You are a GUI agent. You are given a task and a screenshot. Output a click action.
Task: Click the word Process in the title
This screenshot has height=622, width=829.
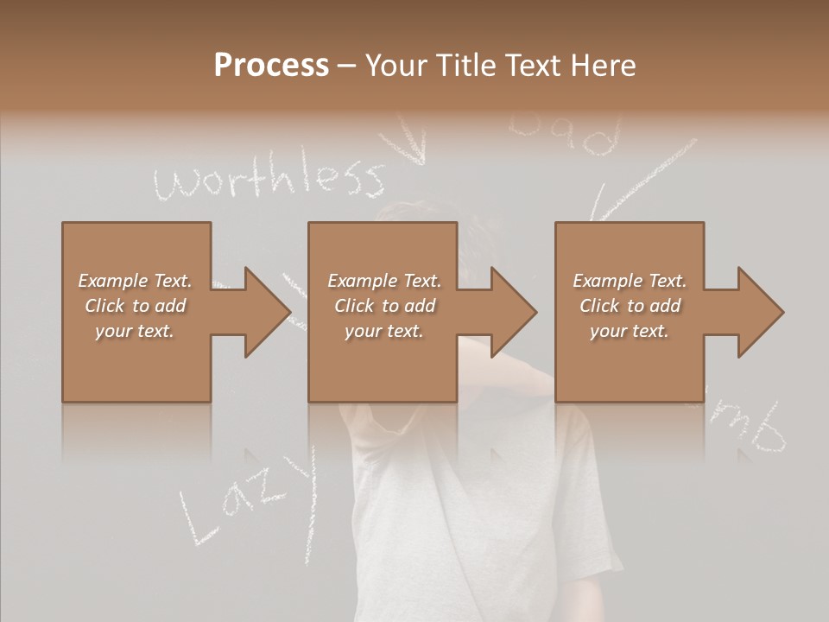click(271, 66)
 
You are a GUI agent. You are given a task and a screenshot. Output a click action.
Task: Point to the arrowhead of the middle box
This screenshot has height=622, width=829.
click(513, 312)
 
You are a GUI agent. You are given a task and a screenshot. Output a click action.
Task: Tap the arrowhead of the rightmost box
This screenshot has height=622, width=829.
click(760, 312)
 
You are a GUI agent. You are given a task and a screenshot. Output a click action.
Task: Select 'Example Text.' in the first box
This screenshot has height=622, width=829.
click(135, 281)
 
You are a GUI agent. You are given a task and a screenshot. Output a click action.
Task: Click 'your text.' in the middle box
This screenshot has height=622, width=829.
click(383, 331)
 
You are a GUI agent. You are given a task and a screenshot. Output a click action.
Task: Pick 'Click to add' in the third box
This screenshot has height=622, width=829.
click(630, 306)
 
